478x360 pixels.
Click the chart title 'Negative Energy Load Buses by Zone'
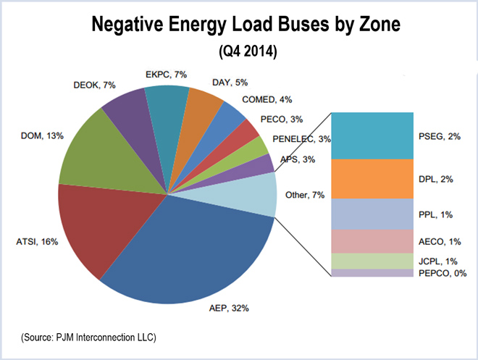pyautogui.click(x=239, y=26)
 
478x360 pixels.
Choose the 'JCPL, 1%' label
pyautogui.click(x=437, y=261)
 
